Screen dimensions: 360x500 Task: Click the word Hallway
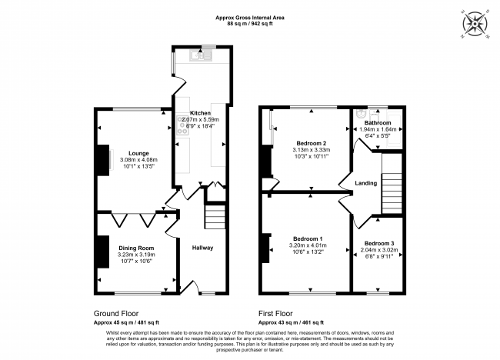[202, 248]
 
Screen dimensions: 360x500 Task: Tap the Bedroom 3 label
[378, 244]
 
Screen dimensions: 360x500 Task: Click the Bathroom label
[378, 123]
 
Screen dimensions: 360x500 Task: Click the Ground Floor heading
[116, 314]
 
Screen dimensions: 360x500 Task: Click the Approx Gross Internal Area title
[250, 18]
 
